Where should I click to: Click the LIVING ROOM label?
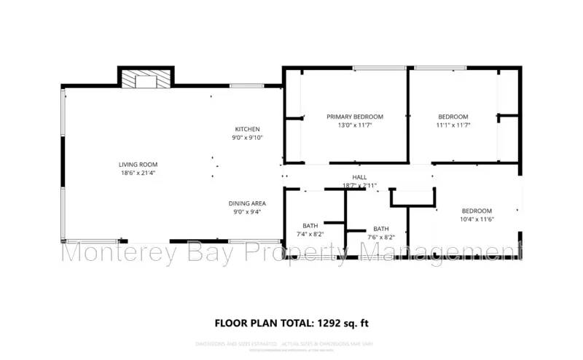pyautogui.click(x=138, y=164)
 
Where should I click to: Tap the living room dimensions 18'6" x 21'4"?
pyautogui.click(x=138, y=173)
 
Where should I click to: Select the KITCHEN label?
pyautogui.click(x=247, y=129)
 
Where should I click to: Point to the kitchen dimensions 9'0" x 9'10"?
pyautogui.click(x=247, y=138)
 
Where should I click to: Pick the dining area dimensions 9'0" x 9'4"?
pyautogui.click(x=247, y=212)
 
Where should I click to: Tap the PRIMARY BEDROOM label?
pyautogui.click(x=354, y=117)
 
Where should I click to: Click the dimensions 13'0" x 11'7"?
pyautogui.click(x=354, y=125)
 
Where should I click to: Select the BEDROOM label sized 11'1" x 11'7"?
pyautogui.click(x=453, y=117)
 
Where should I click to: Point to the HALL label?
pyautogui.click(x=359, y=177)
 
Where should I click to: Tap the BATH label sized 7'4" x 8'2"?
pyautogui.click(x=310, y=226)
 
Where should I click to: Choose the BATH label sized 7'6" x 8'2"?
pyautogui.click(x=381, y=229)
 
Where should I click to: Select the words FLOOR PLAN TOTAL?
pyautogui.click(x=263, y=322)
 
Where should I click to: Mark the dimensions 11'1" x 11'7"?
pyautogui.click(x=453, y=125)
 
